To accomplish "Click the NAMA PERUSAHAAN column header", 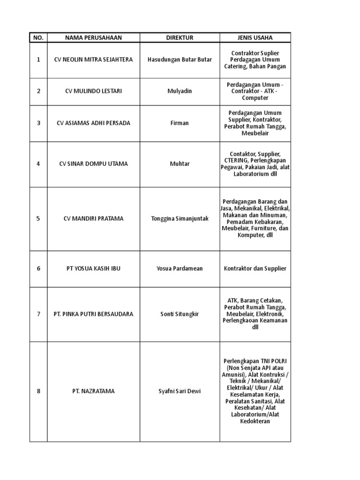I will tap(93, 37).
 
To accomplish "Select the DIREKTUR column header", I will tap(180, 37).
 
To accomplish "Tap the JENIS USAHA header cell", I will tap(255, 37).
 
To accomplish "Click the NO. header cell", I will tap(38, 37).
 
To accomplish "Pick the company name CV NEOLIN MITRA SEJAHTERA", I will tap(93, 60).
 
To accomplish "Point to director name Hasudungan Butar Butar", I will tap(180, 60).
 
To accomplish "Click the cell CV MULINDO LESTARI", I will tap(93, 91).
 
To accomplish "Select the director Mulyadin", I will tap(180, 91).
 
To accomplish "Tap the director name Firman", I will tap(180, 123).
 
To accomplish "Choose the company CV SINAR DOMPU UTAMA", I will tap(93, 164).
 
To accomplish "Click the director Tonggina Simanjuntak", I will tap(180, 218).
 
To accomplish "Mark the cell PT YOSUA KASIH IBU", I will tap(93, 268).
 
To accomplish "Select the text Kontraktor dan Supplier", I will tap(255, 268).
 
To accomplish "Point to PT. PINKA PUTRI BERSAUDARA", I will tap(93, 314).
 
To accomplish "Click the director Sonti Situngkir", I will tap(180, 314).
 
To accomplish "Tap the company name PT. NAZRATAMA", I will tap(93, 390).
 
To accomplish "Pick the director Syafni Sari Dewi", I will tap(180, 390).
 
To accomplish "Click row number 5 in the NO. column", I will tap(38, 218).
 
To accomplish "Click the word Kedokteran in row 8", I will tap(255, 421).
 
